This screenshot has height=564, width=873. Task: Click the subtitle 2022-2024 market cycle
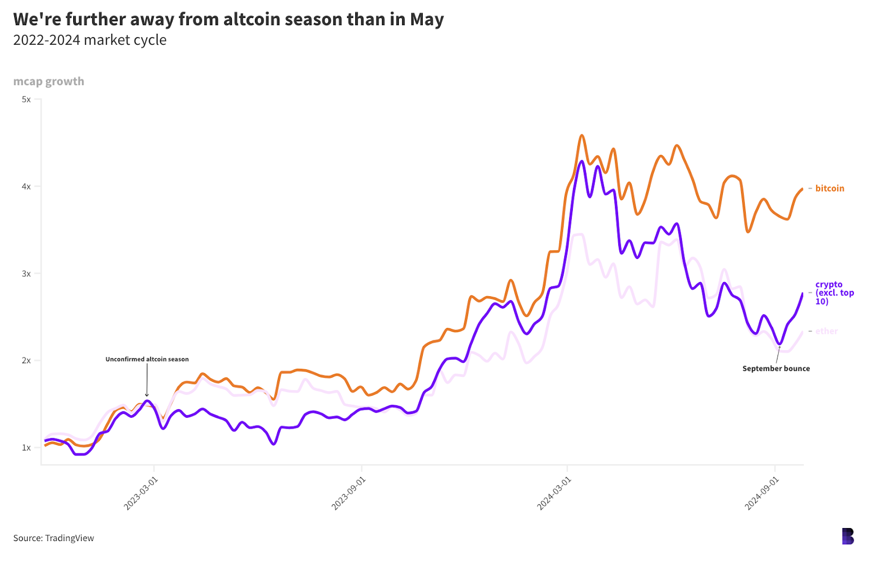click(89, 40)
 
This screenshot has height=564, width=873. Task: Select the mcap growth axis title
click(49, 81)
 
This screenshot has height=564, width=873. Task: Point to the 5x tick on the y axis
click(26, 99)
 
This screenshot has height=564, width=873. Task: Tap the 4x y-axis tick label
click(26, 187)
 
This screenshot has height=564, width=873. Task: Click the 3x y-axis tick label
click(26, 274)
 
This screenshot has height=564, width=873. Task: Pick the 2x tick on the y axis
click(26, 361)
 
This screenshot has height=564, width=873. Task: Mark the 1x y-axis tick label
click(26, 448)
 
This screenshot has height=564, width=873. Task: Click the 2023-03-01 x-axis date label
click(141, 493)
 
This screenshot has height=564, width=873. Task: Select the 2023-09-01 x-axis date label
click(349, 493)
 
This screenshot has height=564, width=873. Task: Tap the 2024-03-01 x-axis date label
click(554, 493)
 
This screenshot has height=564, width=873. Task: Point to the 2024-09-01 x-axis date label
click(762, 493)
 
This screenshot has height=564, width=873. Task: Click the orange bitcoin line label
click(829, 189)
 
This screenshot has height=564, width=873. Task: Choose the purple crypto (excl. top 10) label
click(834, 293)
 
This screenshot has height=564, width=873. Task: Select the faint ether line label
click(826, 331)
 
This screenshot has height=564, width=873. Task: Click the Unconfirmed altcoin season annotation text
click(147, 359)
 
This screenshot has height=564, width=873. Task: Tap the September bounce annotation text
click(776, 369)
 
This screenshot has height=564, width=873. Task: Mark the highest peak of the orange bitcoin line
click(582, 135)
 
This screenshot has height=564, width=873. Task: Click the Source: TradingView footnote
click(53, 538)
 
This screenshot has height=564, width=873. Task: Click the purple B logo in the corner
click(847, 536)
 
